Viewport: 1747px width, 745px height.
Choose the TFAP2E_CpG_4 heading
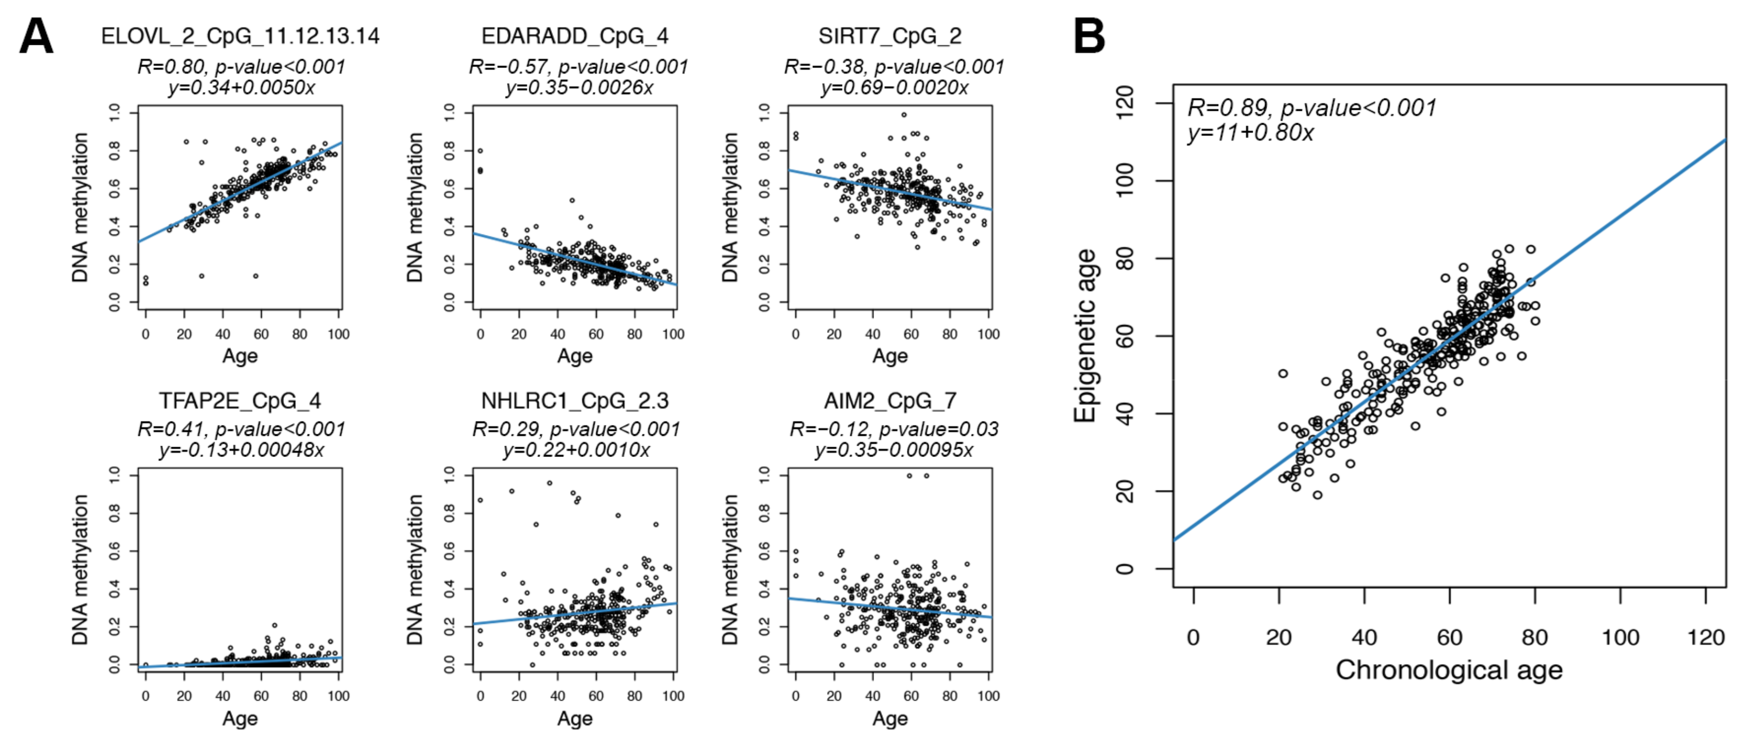240,401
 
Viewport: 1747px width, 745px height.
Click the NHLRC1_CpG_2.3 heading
575,401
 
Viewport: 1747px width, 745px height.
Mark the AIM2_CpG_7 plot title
890,401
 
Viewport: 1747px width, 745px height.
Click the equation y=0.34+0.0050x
241,88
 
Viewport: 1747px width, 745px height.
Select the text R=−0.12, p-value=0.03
894,429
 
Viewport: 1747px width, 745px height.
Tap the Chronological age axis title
1449,670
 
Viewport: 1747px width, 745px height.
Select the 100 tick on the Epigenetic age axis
1125,181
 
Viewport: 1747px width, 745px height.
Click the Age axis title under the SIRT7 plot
890,356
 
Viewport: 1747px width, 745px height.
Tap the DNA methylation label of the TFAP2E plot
80,569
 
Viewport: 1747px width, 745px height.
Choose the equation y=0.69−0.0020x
894,88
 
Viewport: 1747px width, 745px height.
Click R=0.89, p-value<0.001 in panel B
1312,108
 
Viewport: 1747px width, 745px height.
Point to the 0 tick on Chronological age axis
1193,637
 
